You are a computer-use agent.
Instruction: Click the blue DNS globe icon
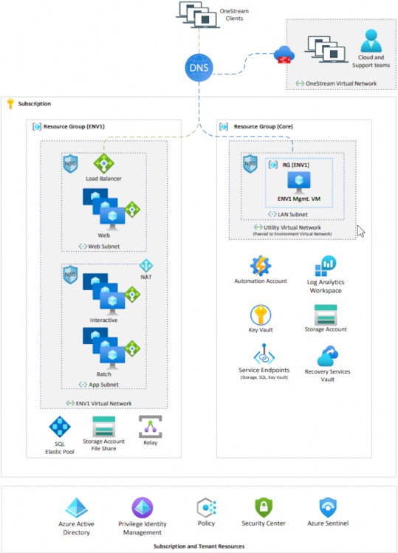199,67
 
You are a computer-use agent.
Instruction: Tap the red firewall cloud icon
284,55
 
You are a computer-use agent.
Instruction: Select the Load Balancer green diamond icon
103,163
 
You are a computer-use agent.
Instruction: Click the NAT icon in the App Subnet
146,266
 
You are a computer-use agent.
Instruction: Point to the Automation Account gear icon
261,266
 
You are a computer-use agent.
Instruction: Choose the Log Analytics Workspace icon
326,266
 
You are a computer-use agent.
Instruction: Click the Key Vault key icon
261,315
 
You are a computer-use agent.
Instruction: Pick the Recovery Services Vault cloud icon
327,356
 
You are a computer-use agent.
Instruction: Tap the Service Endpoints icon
264,354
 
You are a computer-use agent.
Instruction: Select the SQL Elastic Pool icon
60,427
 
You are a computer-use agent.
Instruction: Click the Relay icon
151,427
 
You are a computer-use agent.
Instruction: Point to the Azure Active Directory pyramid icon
76,508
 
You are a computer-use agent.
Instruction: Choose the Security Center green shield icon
264,507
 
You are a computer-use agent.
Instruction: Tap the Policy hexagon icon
207,507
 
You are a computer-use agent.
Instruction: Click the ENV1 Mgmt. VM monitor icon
299,182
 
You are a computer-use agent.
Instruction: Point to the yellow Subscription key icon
10,103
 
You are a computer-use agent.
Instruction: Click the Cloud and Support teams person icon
371,41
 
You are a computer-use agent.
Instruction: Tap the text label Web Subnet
103,247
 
